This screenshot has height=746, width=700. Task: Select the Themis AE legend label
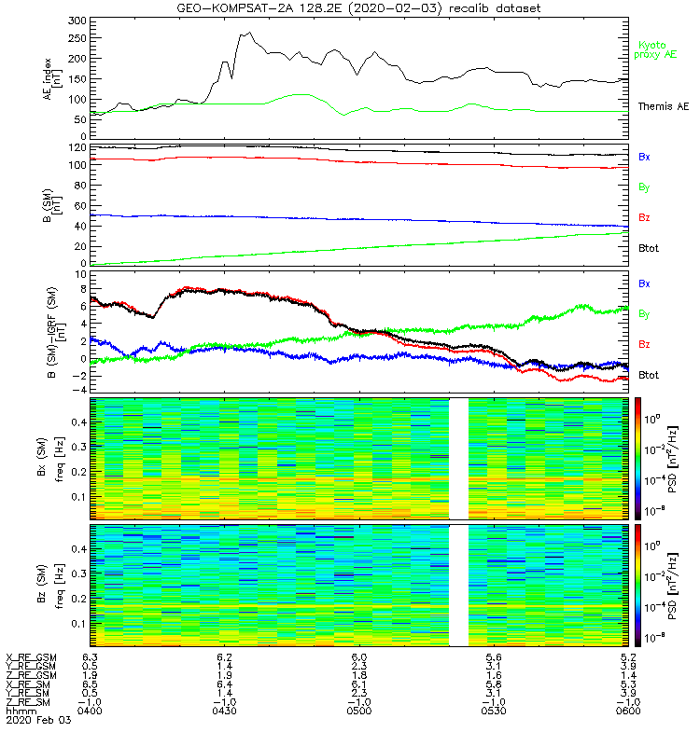pos(663,107)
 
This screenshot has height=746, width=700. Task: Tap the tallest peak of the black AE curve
pos(248,34)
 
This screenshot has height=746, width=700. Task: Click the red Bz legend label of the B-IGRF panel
pos(644,345)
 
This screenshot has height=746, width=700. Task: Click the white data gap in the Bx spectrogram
pos(458,458)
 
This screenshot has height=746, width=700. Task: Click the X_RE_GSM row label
pos(31,657)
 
